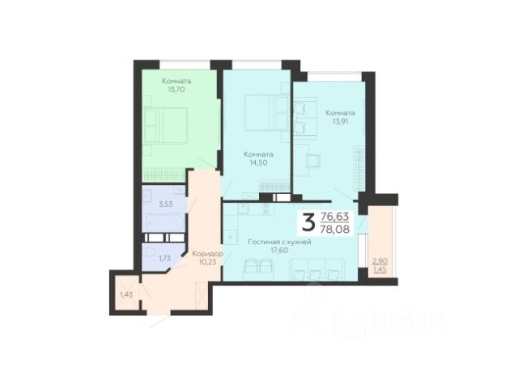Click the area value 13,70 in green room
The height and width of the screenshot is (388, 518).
pos(176,90)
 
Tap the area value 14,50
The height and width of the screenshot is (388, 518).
pos(258,162)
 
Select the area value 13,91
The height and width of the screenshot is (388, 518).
pos(340,121)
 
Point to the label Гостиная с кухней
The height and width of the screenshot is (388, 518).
pos(279,242)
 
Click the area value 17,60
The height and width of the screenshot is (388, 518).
pos(279,251)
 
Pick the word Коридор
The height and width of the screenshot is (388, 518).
pos(207,254)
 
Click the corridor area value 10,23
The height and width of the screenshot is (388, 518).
pos(208,262)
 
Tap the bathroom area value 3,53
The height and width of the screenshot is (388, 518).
pos(165,205)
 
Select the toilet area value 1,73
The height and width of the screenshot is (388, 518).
pos(165,259)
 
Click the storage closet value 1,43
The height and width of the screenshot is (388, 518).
pos(126,295)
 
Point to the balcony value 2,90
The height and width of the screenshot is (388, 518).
pos(380,262)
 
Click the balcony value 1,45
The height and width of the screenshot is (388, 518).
pos(380,270)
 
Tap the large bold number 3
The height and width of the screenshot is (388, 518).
pos(308,222)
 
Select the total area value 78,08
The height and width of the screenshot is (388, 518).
pos(335,229)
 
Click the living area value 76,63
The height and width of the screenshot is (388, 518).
pos(335,217)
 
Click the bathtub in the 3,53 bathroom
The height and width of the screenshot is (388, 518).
pos(163,223)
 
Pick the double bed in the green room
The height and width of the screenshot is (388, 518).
pos(165,125)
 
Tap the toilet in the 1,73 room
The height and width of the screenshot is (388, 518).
pos(149,253)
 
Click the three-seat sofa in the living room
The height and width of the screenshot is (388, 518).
pos(317,269)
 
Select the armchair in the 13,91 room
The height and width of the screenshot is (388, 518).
pos(313,162)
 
